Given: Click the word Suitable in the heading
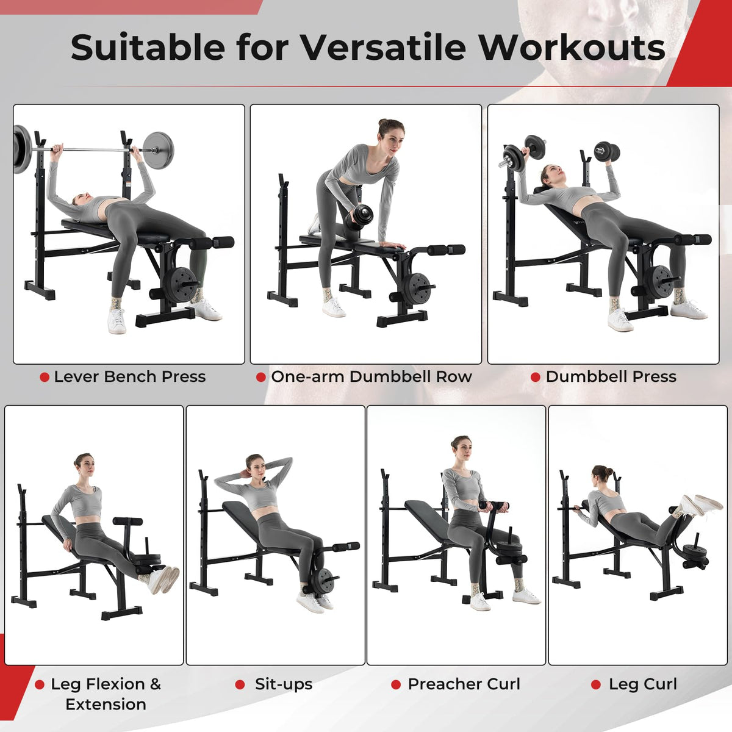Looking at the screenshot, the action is click(x=148, y=48).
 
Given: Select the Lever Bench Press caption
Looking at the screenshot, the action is click(x=130, y=377).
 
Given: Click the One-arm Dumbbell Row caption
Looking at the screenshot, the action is click(x=371, y=377).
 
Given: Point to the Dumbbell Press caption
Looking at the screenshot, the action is click(x=611, y=377).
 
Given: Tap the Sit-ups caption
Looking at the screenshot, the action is click(x=284, y=684).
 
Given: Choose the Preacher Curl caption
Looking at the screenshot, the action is click(x=464, y=684).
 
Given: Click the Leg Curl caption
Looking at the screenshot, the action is click(x=643, y=684).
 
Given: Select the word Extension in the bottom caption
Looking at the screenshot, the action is click(x=106, y=705).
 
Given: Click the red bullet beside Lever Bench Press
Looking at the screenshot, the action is click(x=45, y=377).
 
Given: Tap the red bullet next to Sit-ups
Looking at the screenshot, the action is click(x=240, y=684).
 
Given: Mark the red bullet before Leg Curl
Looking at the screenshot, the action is click(x=596, y=684).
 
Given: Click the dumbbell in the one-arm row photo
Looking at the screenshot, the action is click(x=359, y=218).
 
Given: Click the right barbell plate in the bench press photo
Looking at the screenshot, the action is click(x=159, y=149).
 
